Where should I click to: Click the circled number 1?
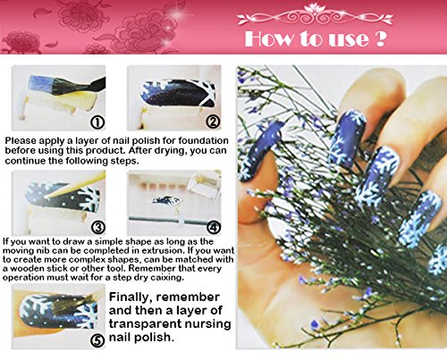(x=97, y=122)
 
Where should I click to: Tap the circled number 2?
(x=214, y=121)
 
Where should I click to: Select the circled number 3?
(x=98, y=228)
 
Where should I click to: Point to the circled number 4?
(x=214, y=228)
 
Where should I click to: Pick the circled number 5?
(x=97, y=340)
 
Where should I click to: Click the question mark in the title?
(x=380, y=38)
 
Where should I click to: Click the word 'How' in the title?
(x=268, y=39)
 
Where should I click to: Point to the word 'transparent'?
(x=144, y=323)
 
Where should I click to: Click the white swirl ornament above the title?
(x=315, y=16)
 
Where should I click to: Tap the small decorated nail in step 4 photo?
(x=166, y=200)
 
